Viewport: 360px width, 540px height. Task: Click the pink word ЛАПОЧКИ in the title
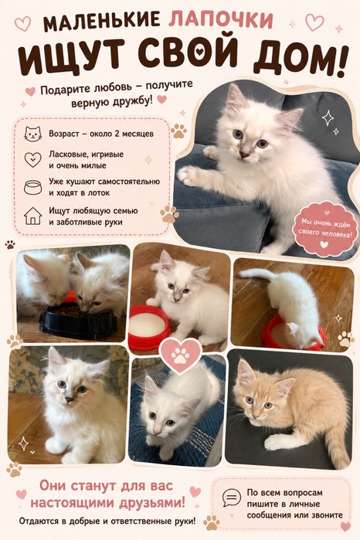coord(221,20)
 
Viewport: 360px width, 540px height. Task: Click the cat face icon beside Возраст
coord(32,134)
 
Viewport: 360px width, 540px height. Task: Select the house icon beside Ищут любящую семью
coord(32,216)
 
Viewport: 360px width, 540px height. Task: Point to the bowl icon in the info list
coord(32,187)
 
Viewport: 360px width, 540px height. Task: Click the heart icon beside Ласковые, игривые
coord(32,159)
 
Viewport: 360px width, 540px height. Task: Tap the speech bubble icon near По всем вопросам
coord(232,498)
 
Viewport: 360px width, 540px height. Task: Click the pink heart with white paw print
coord(181,356)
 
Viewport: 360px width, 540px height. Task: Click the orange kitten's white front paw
coord(277,442)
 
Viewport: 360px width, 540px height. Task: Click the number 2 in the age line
coord(117,134)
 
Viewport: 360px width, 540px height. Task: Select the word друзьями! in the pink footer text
coord(152,502)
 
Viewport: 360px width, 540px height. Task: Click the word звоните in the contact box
coord(328,515)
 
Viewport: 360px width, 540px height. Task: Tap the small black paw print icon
coord(9,245)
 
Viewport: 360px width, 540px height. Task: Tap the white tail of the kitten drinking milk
coord(256,273)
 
